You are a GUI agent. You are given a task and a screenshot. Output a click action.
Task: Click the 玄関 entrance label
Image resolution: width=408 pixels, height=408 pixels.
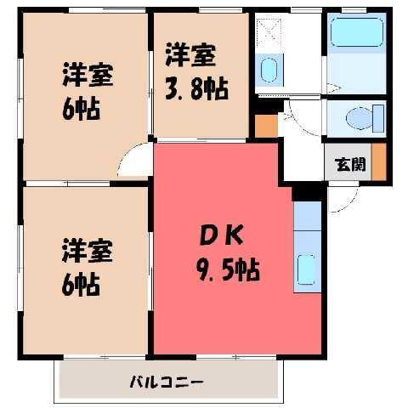pos(350,164)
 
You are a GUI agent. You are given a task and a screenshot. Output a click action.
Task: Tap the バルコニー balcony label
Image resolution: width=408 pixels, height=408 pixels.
pos(167,382)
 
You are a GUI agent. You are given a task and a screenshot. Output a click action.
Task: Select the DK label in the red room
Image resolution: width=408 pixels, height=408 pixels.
pos(222,235)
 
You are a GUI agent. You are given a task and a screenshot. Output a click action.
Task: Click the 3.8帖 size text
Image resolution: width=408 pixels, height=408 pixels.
pos(196,88)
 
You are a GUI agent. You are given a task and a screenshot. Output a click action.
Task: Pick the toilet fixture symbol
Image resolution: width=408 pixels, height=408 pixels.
pos(365,118)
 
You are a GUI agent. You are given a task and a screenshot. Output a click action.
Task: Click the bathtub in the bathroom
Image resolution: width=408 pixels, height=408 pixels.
pos(357,32)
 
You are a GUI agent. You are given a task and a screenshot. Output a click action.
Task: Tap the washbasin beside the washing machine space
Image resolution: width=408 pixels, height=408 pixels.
pos(269,70)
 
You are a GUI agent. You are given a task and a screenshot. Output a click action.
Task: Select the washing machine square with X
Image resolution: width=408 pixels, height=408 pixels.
pos(269,32)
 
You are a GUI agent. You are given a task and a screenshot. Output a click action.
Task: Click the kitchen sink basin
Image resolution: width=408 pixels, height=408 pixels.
pos(306,269)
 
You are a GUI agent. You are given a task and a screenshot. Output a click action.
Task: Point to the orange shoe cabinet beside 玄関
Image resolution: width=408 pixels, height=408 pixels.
pos(379,161)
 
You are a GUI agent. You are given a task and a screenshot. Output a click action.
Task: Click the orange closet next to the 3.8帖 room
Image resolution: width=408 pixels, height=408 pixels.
pos(266,126)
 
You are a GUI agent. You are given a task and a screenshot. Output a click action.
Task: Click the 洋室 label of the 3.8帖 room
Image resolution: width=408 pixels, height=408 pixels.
pos(190,55)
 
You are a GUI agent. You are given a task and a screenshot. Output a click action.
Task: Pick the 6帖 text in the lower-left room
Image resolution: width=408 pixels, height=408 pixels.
pos(81,284)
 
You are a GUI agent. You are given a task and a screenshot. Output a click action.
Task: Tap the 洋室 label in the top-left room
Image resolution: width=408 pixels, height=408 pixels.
pos(88,75)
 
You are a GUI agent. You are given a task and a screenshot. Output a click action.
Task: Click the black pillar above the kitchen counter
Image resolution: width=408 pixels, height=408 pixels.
pos(309,192)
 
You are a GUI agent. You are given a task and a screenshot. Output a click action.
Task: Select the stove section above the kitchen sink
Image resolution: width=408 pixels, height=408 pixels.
pos(308,216)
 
